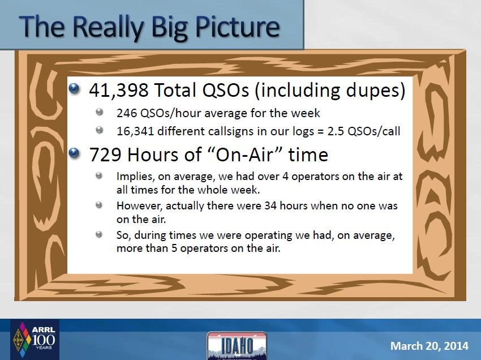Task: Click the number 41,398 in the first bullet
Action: pyautogui.click(x=119, y=90)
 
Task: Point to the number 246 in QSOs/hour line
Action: pyautogui.click(x=126, y=113)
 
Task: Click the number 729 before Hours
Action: pyautogui.click(x=105, y=155)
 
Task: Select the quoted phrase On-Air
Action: pyautogui.click(x=244, y=154)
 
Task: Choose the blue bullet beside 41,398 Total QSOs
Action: pyautogui.click(x=74, y=89)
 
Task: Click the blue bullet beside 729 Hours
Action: pyautogui.click(x=74, y=153)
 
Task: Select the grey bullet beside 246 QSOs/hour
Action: pyautogui.click(x=99, y=112)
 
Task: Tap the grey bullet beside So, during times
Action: pyautogui.click(x=99, y=234)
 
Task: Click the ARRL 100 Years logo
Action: pyautogui.click(x=35, y=340)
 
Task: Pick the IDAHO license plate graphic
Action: pyautogui.click(x=237, y=346)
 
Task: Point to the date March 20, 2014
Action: pyautogui.click(x=429, y=346)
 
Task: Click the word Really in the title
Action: pyautogui.click(x=108, y=27)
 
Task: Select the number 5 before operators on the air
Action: pyautogui.click(x=174, y=248)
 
